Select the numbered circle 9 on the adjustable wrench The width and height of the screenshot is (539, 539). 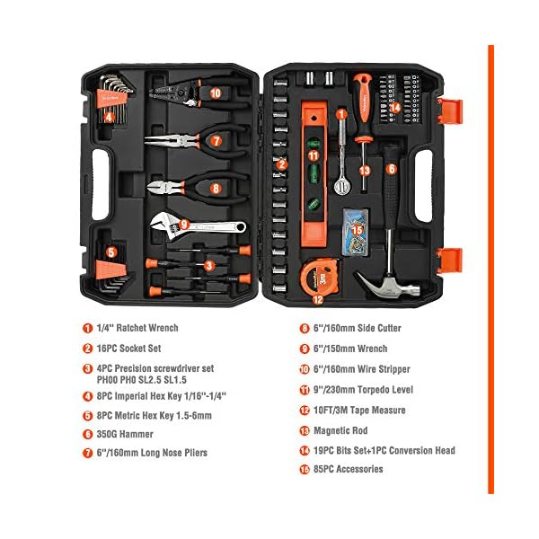tap(183, 225)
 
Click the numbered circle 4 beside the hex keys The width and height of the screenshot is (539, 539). tap(109, 116)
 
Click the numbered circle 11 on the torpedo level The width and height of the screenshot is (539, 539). tap(314, 155)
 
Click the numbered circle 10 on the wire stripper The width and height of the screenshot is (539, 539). tap(216, 92)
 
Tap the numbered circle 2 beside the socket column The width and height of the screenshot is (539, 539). tap(281, 163)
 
